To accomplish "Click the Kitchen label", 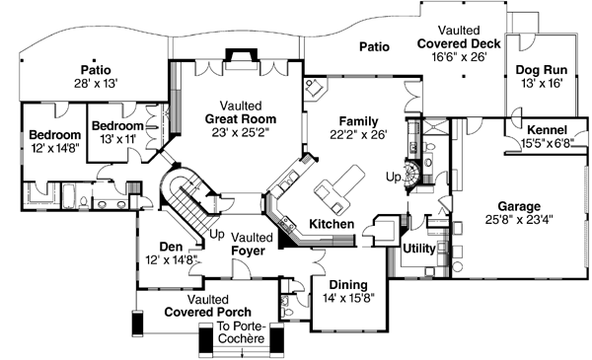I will pyautogui.click(x=331, y=225).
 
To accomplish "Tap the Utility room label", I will pyautogui.click(x=419, y=248).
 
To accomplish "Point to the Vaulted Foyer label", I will pyautogui.click(x=250, y=244).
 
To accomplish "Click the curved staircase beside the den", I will pyautogui.click(x=184, y=197).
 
